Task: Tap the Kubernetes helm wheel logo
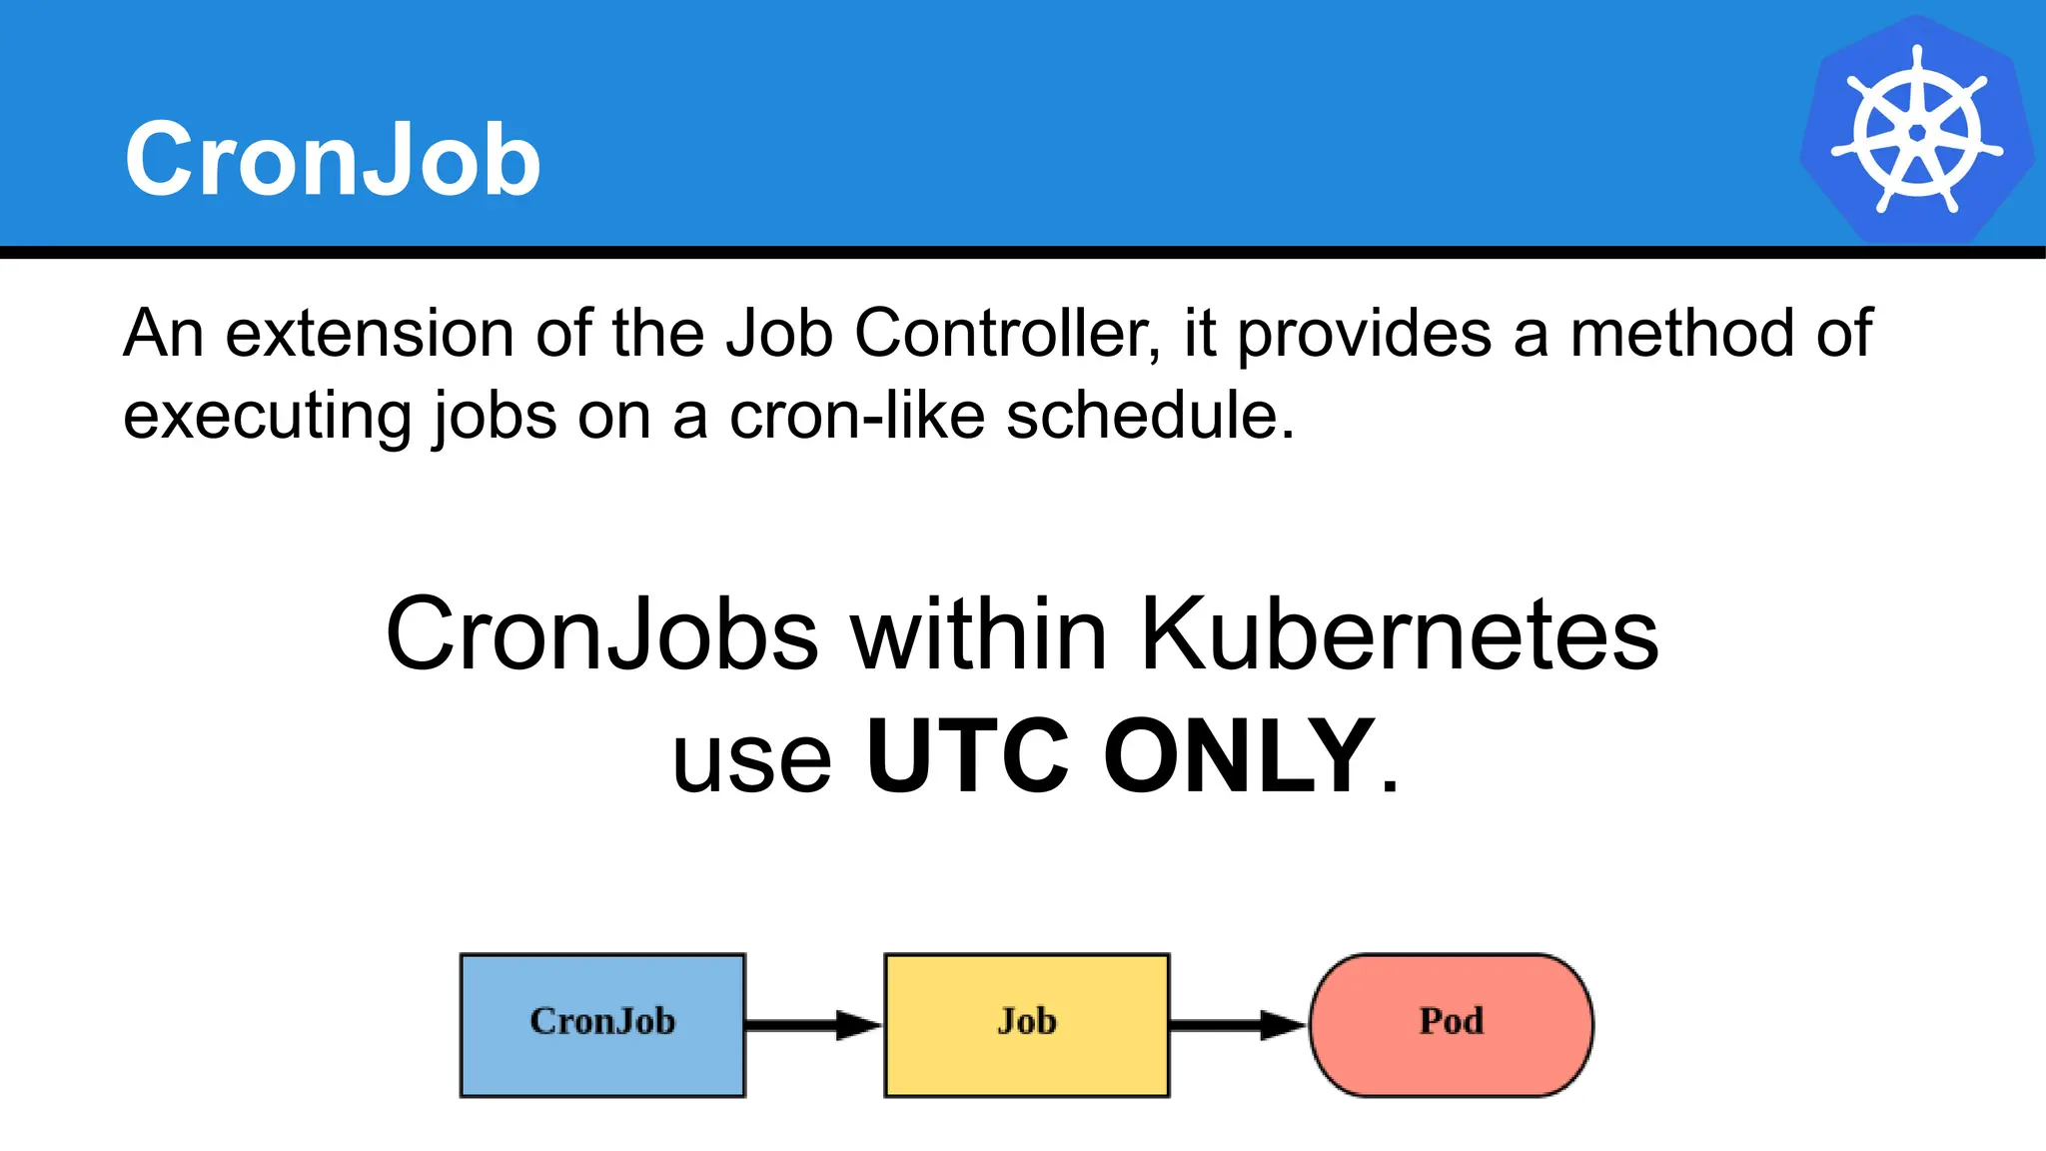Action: [x=1916, y=130]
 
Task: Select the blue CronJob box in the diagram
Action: [x=602, y=1025]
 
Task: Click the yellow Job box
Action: [x=1027, y=1025]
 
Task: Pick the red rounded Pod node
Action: [x=1451, y=1025]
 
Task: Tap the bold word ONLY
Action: [x=1239, y=757]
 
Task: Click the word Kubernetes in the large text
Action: [x=1399, y=635]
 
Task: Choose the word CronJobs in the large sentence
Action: [x=602, y=635]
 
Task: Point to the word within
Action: [x=979, y=635]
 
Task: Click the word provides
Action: [x=1365, y=334]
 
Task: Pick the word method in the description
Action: [x=1682, y=334]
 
